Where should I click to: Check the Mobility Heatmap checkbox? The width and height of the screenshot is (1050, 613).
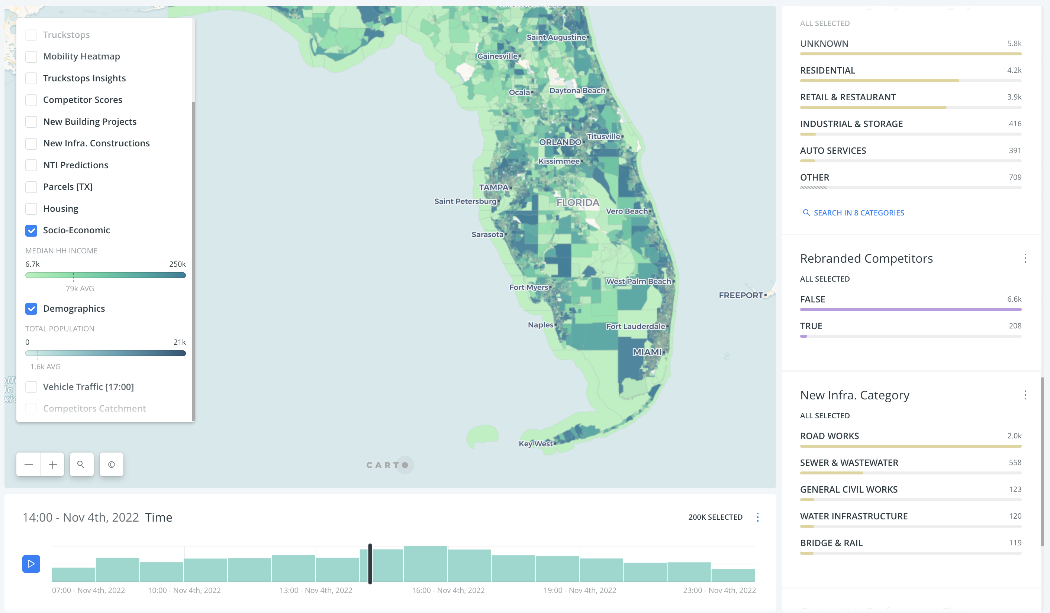[31, 56]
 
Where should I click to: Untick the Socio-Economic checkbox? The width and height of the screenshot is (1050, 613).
[31, 230]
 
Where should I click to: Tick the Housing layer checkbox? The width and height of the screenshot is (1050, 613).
[31, 209]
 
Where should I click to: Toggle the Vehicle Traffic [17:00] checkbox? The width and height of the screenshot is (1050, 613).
[31, 387]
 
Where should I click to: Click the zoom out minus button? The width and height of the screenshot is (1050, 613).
[29, 465]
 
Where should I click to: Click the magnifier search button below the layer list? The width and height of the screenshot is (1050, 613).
[81, 465]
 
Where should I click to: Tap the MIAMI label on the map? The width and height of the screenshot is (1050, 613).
[647, 352]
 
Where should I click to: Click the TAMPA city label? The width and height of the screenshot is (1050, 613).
[494, 187]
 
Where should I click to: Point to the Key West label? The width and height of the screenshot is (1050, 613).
[535, 444]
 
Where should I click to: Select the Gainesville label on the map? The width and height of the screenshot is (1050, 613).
[497, 56]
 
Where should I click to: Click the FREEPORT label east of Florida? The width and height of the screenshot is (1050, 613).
[740, 295]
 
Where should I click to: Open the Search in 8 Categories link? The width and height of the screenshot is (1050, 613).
[859, 213]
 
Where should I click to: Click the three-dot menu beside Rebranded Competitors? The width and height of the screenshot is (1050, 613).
[1025, 259]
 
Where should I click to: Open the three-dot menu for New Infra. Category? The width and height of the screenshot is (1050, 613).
[1025, 395]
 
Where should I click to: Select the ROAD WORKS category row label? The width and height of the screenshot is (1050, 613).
[829, 436]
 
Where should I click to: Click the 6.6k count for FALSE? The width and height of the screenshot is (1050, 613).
[1014, 299]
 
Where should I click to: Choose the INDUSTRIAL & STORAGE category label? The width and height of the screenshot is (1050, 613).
[851, 124]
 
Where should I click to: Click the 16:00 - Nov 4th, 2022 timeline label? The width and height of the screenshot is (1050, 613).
[448, 590]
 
